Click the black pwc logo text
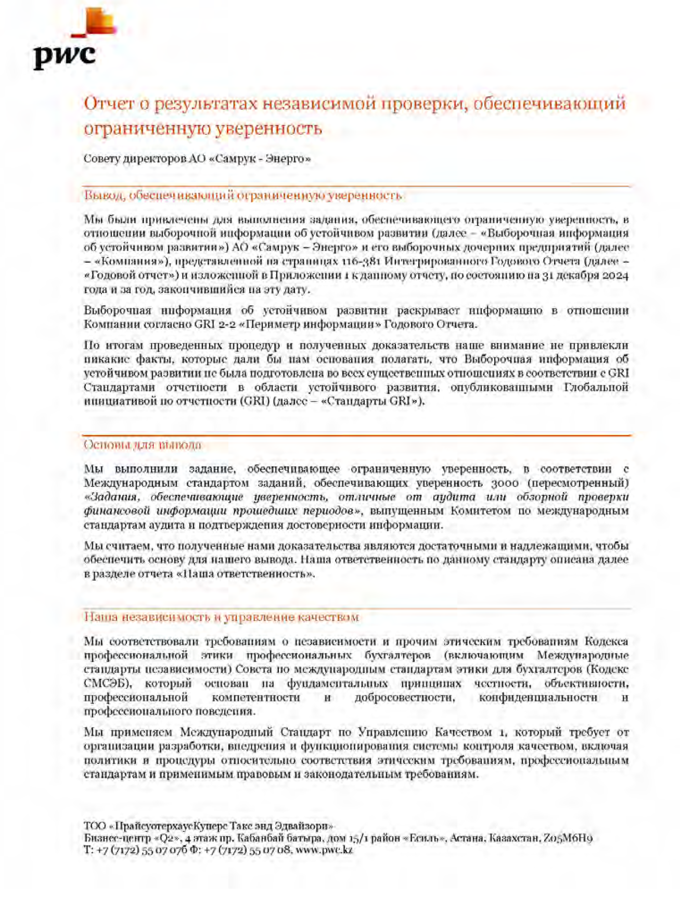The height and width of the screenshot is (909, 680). (x=65, y=56)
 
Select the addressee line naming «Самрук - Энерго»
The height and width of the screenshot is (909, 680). (x=197, y=159)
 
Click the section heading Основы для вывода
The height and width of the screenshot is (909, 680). (x=142, y=445)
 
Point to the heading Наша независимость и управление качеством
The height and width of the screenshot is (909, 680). (x=221, y=617)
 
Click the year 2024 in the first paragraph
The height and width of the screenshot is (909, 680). (x=615, y=275)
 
